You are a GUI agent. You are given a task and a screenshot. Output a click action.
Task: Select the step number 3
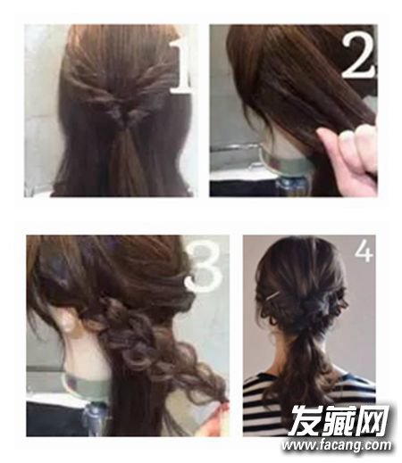click(205, 266)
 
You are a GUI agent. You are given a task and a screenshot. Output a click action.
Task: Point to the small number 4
click(364, 252)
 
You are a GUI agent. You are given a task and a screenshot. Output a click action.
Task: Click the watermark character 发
click(305, 420)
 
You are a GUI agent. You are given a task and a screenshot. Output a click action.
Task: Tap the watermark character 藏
click(339, 420)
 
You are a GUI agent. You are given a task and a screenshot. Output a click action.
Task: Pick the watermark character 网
click(373, 420)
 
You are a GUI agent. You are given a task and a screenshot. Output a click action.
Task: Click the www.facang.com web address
click(337, 445)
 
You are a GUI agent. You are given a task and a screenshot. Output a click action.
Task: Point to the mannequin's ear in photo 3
click(68, 320)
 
